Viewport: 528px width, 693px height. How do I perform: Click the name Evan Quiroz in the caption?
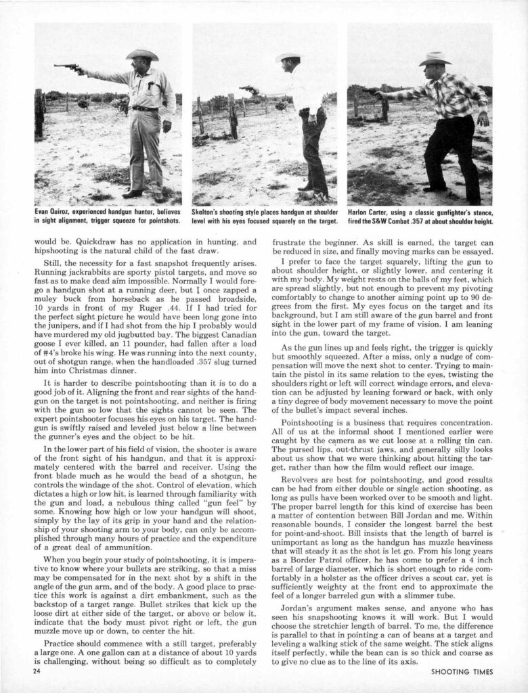54,211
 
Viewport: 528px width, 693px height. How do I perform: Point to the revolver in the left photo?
66,67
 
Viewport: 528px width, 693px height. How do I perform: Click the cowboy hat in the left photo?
142,54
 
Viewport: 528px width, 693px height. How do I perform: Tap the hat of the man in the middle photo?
290,57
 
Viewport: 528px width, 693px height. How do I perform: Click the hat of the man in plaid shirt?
434,59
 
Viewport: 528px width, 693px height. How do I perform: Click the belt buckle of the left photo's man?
145,108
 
